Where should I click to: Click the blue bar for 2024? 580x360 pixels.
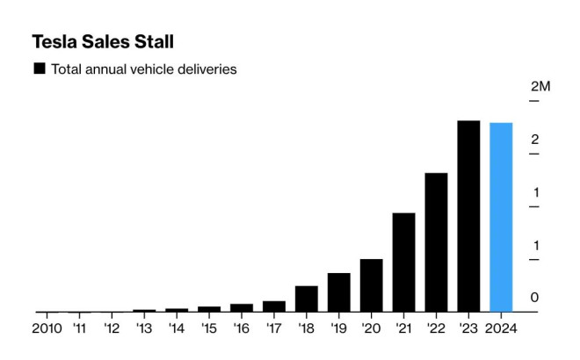[x=501, y=217]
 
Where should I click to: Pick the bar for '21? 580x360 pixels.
[x=403, y=263]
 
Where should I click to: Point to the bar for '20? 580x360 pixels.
[x=371, y=285]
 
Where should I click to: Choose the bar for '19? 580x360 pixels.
[x=339, y=292]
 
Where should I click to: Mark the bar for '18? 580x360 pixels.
[x=307, y=299]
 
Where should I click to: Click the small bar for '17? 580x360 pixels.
[x=274, y=306]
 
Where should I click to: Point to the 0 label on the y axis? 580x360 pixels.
[x=534, y=299]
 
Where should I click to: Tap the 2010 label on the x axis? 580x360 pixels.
[x=47, y=329]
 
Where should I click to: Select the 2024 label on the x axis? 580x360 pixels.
[x=501, y=329]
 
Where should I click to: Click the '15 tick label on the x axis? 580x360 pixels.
[x=209, y=329]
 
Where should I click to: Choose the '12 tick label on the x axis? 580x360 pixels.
[x=112, y=329]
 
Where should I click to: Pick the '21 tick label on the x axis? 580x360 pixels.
[x=403, y=329]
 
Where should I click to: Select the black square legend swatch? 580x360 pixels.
[x=39, y=68]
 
